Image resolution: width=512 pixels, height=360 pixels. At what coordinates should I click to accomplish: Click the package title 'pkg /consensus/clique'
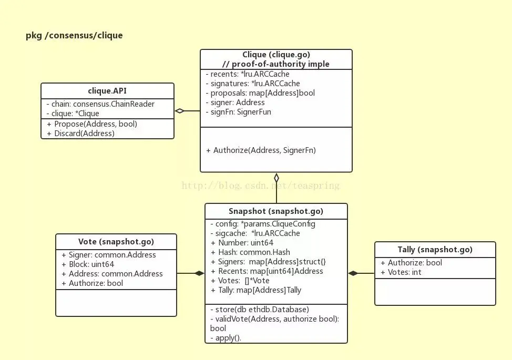74,36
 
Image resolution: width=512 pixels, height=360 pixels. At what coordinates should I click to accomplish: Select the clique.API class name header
107,90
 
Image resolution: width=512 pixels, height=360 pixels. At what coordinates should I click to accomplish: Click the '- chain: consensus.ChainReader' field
100,104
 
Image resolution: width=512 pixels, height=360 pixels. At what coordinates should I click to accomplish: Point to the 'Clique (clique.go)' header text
276,55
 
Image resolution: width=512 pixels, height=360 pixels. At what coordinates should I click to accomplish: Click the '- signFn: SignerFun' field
238,112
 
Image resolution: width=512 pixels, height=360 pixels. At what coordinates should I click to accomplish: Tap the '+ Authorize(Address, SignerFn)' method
261,150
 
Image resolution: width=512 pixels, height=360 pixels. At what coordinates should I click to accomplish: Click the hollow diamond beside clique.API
180,111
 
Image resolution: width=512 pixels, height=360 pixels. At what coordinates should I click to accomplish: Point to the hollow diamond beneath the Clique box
277,178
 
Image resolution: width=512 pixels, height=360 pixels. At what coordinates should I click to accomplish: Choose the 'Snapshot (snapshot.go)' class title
276,211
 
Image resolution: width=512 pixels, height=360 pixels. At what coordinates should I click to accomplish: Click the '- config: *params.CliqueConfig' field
262,224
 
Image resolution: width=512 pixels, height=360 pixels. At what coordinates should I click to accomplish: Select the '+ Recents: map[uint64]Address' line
267,271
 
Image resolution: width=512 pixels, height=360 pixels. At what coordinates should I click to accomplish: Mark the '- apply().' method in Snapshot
226,338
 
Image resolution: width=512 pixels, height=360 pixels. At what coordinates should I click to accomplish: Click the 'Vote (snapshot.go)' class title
116,242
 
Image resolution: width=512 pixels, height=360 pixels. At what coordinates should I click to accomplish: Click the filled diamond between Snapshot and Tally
353,273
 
